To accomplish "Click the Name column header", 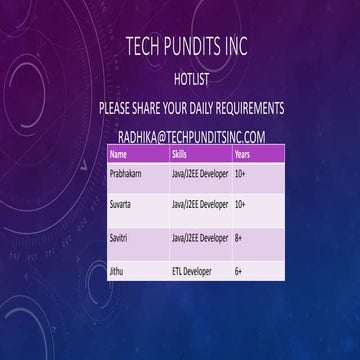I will coord(119,156).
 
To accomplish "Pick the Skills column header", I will coord(180,156).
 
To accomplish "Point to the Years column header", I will coord(242,156).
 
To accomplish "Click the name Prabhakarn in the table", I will coord(126,174).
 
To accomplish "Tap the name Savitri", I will coord(120,238).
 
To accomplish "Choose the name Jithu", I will coord(117,270).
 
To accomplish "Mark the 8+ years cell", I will coord(240,238).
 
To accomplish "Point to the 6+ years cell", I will coord(240,270).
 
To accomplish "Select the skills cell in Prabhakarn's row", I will coord(200,174).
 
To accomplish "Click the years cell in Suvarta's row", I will coord(241,205).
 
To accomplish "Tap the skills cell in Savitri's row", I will coord(200,238).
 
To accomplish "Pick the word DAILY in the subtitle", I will coord(193,107).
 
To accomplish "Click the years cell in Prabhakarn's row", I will coord(241,174).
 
